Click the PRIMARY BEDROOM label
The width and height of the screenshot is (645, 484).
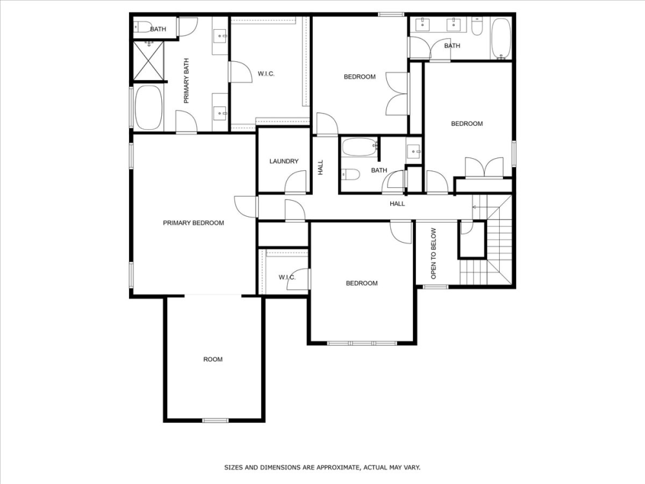click(193, 223)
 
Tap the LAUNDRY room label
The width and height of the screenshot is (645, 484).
click(284, 161)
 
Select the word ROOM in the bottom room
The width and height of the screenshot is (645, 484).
click(213, 359)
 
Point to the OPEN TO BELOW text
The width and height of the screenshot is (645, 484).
click(433, 253)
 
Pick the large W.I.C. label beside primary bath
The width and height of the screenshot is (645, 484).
click(266, 74)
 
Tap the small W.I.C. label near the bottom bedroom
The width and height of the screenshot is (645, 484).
click(287, 277)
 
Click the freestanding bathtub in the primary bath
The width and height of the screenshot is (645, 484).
click(148, 107)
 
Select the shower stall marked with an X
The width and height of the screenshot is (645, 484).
click(148, 62)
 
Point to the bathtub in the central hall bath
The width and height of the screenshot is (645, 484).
click(359, 147)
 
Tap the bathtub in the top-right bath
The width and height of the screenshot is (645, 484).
click(501, 39)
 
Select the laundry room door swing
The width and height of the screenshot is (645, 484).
click(294, 184)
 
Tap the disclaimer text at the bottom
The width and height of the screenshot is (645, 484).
click(322, 467)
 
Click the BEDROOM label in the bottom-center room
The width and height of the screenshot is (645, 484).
click(361, 283)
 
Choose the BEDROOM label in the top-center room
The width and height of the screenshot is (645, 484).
click(359, 77)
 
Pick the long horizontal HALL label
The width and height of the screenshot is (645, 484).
click(397, 203)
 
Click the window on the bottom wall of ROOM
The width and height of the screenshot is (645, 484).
click(215, 421)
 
